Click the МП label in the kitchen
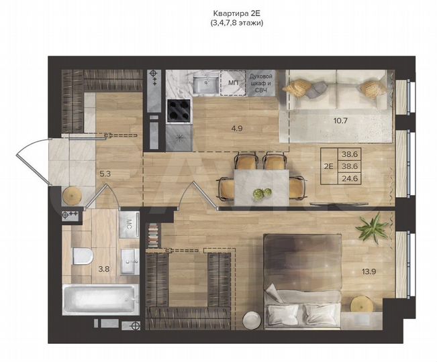pyautogui.click(x=234, y=82)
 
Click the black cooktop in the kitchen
pyautogui.click(x=179, y=109)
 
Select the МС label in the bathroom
pyautogui.click(x=129, y=223)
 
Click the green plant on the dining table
pyautogui.click(x=258, y=194)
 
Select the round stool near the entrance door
pyautogui.click(x=72, y=195)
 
